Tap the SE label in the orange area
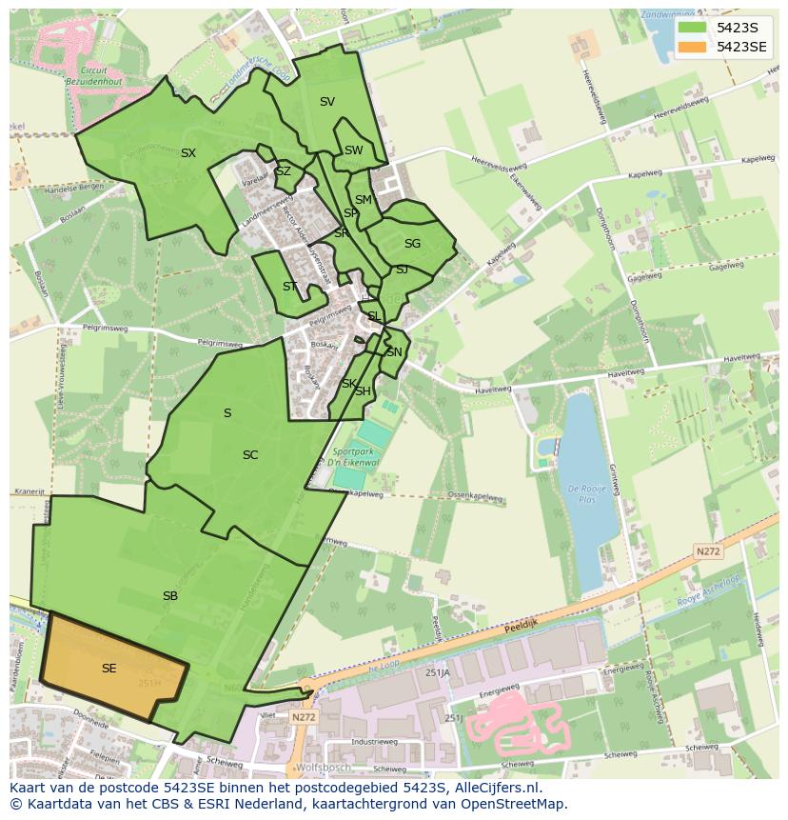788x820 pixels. click(x=109, y=669)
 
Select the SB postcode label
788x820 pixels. click(x=170, y=596)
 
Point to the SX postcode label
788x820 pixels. click(x=188, y=153)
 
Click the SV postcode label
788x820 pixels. click(x=327, y=102)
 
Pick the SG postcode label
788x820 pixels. click(x=412, y=244)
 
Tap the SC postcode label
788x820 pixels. click(x=250, y=455)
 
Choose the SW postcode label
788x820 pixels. click(x=354, y=150)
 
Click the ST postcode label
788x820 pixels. click(x=290, y=287)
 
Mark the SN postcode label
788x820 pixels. click(x=394, y=352)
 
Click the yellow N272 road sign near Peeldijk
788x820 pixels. click(x=707, y=551)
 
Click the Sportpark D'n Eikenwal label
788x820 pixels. click(x=356, y=457)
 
